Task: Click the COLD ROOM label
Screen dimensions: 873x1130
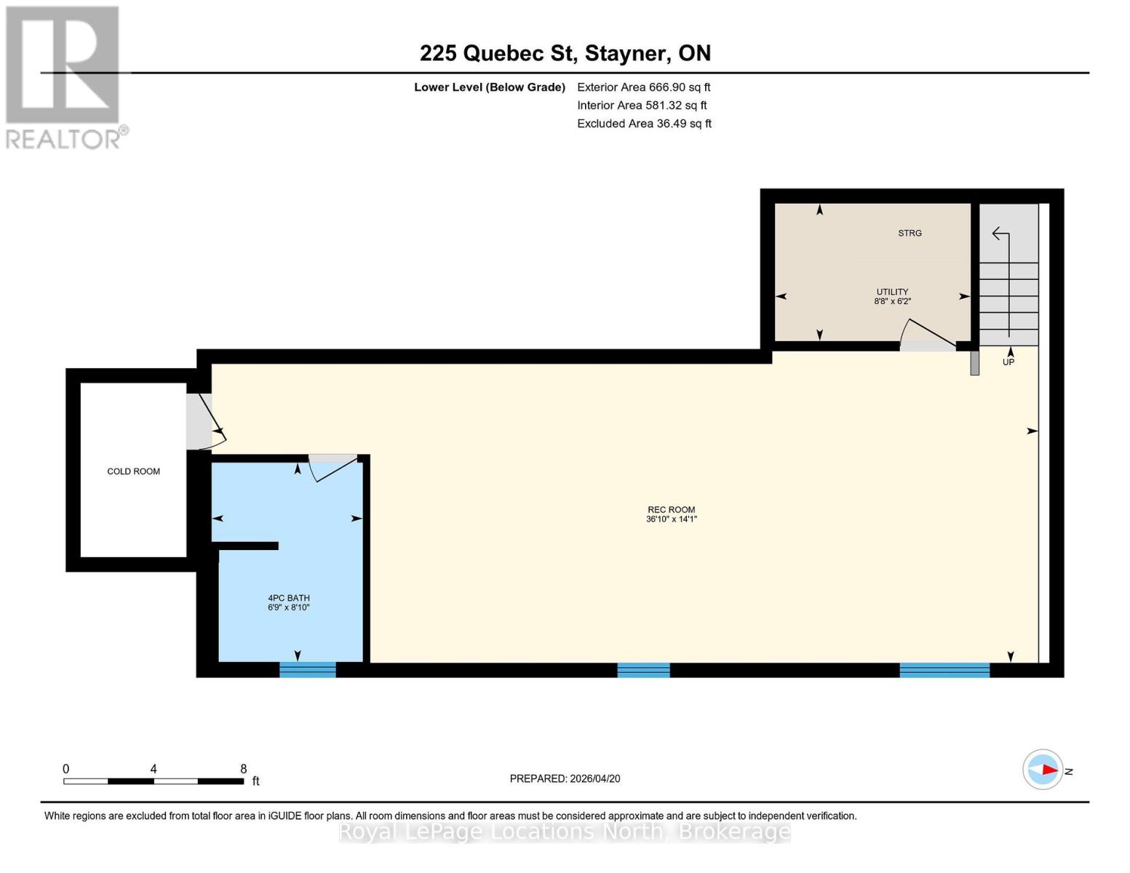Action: click(133, 471)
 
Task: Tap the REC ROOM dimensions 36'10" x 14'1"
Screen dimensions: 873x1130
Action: click(671, 519)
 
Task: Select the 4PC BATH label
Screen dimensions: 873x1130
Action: click(289, 598)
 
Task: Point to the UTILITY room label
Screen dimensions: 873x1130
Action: click(892, 292)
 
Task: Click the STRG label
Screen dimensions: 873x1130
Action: click(910, 233)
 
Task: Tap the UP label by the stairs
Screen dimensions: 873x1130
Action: click(1008, 362)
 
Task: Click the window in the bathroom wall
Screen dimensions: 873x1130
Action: click(308, 669)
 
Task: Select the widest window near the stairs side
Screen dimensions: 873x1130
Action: click(944, 670)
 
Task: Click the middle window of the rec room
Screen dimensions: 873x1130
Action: click(643, 670)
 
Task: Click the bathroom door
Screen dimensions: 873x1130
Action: click(333, 466)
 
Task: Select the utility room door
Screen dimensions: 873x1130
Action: click(928, 335)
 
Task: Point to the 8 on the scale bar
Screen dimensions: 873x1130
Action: click(244, 769)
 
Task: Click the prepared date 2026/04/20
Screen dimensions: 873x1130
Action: click(565, 778)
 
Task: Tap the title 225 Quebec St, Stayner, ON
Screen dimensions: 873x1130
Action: click(565, 53)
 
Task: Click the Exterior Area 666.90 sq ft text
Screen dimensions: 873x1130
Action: click(643, 87)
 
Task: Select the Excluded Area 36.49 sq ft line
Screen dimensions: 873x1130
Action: click(644, 124)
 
